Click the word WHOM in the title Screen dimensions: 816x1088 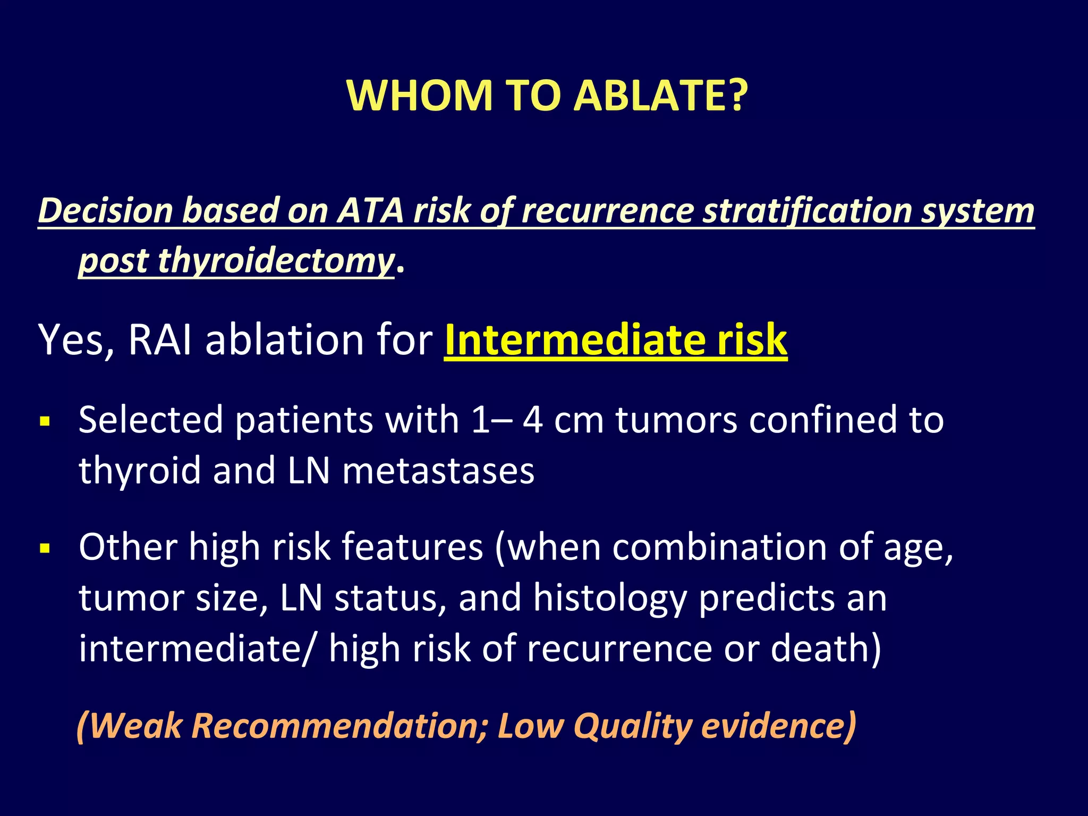(x=420, y=96)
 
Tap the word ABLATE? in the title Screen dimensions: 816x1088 (x=661, y=96)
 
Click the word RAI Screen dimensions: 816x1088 (x=160, y=339)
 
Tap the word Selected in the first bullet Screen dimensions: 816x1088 (x=151, y=420)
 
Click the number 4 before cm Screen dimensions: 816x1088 (x=533, y=420)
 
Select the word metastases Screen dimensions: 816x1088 (x=438, y=471)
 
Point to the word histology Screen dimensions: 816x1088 (x=610, y=598)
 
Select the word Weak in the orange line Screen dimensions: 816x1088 (x=135, y=726)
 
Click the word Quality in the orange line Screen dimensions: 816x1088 (x=633, y=726)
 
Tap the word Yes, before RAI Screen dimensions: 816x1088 (x=76, y=341)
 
